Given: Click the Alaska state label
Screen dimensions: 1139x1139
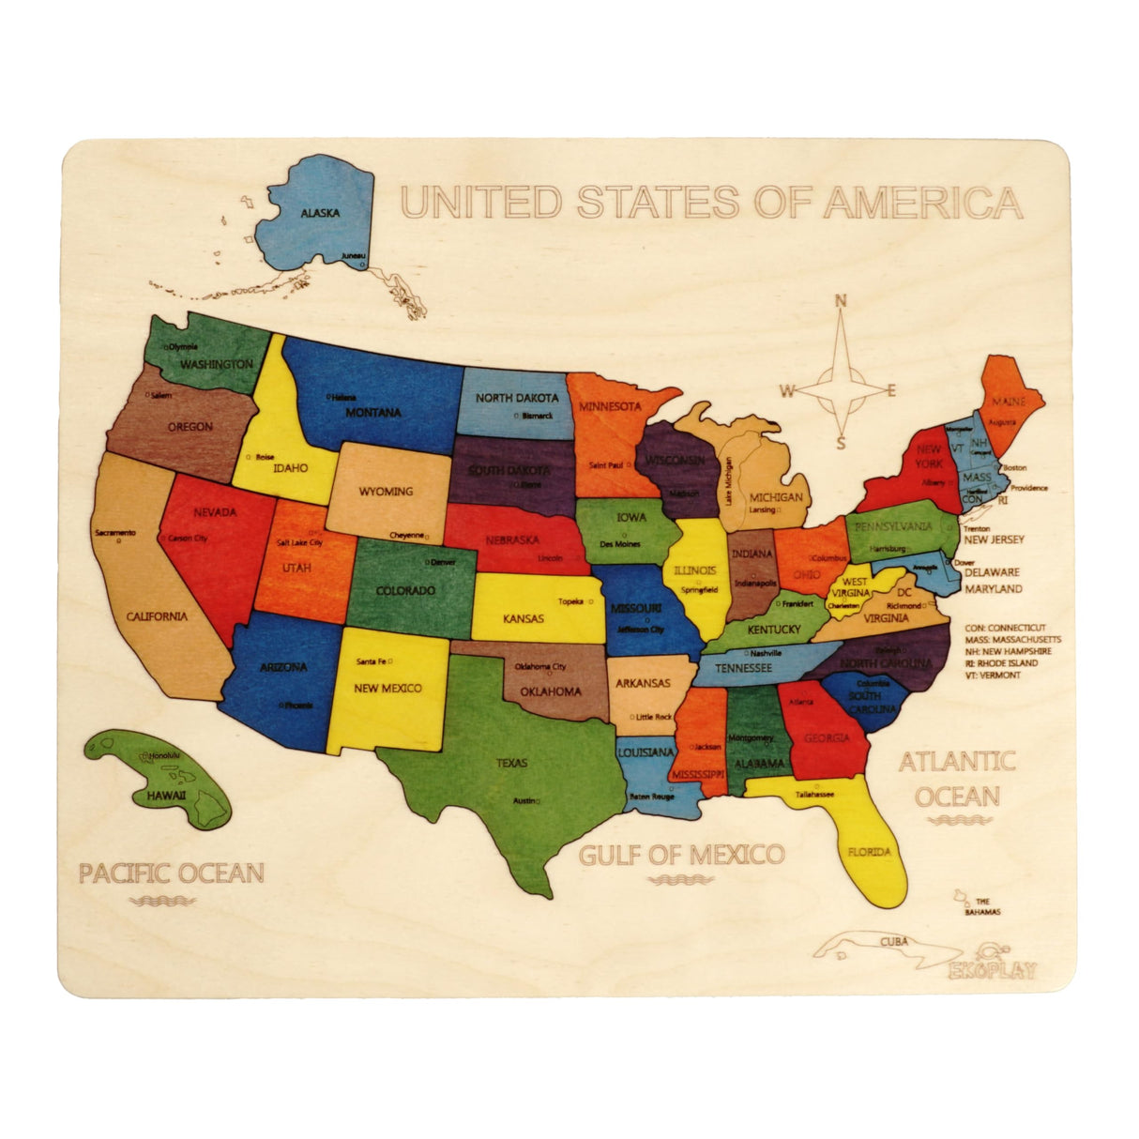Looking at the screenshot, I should [320, 213].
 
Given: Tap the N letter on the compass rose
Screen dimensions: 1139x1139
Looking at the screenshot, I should [841, 301].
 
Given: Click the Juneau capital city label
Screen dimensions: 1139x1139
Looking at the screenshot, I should [353, 255].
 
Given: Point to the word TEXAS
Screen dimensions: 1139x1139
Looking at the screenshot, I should [512, 763].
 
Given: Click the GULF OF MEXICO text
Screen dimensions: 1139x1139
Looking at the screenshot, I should [680, 855].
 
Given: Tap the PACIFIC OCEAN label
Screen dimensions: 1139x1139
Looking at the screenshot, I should [171, 873].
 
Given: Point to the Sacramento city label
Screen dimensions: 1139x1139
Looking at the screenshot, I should [115, 533].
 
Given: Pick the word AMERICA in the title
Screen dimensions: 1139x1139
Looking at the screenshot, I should [923, 202].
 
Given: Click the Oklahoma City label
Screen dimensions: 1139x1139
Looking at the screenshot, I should [540, 667].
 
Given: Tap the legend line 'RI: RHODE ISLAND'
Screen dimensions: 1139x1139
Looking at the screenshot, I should [1000, 662].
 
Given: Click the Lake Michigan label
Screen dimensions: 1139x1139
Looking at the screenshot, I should [728, 481].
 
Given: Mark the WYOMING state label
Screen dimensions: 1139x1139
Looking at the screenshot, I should [386, 491].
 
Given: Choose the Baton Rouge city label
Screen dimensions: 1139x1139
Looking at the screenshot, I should [651, 797].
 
